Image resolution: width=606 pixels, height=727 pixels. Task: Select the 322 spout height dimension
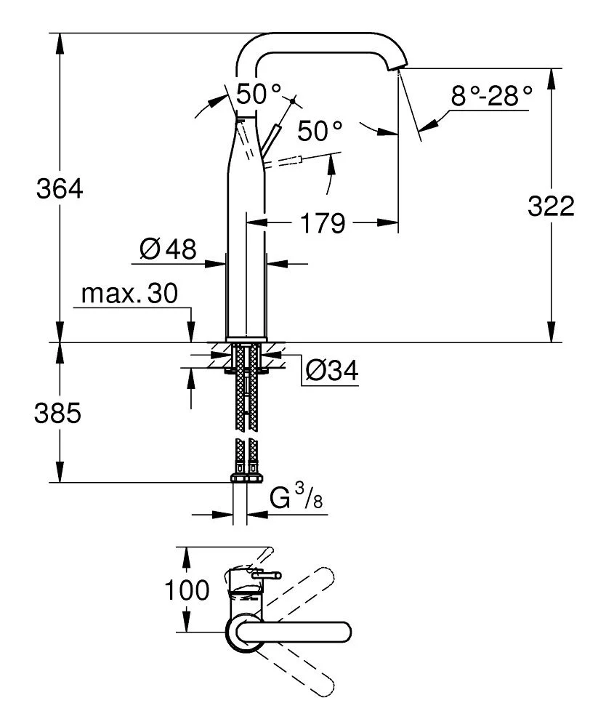(550, 206)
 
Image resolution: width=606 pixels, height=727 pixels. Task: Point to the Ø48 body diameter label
(168, 250)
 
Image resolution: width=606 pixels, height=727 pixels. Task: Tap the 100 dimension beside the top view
(187, 590)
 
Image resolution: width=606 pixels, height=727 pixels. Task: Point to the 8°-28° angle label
(490, 95)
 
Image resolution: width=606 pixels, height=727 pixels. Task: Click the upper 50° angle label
(258, 93)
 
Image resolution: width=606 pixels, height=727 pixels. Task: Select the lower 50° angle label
(319, 132)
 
